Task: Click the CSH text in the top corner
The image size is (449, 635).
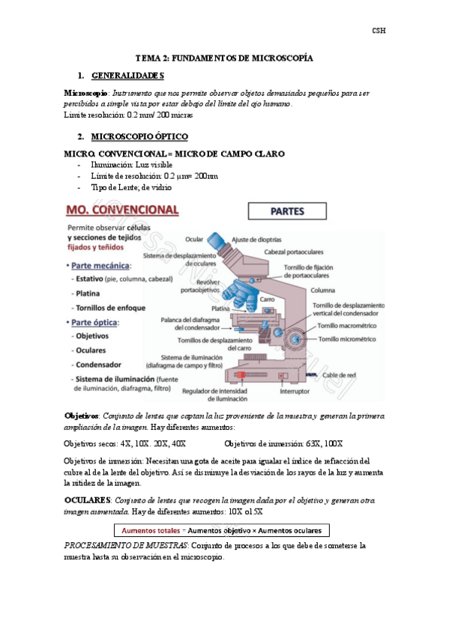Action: [379, 31]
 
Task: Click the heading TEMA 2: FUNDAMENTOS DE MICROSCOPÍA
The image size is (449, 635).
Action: [223, 58]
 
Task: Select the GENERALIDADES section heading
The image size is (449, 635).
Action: [127, 76]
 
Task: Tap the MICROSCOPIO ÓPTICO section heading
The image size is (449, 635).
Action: [139, 137]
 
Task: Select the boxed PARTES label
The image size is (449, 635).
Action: [288, 212]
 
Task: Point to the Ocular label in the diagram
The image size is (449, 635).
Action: [193, 240]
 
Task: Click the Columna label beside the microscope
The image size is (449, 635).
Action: [324, 289]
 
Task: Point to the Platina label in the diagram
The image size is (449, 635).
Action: [220, 309]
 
